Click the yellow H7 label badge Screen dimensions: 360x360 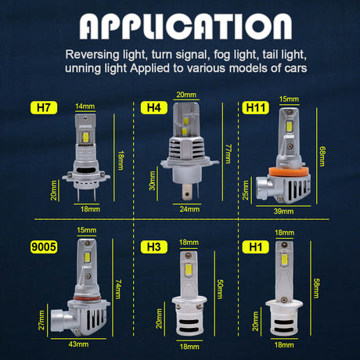(44, 107)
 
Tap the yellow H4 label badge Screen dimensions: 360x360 (154, 107)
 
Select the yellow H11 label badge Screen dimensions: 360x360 (255, 107)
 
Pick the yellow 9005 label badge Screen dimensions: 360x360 (44, 247)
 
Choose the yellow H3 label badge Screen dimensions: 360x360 (154, 247)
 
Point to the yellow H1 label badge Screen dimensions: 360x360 (255, 247)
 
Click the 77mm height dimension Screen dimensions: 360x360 (228, 153)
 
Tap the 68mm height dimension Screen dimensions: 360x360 (322, 157)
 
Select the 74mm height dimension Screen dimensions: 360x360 (118, 289)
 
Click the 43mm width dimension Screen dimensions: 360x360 (78, 344)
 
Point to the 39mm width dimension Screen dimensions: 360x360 (283, 211)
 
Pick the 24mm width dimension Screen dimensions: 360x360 (189, 209)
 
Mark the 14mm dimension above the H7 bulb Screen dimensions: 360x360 (85, 106)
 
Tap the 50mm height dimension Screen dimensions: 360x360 (220, 289)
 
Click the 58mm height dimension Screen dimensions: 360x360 (316, 288)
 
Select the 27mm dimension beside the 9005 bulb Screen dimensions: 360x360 (41, 320)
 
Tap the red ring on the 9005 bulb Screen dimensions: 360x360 (87, 298)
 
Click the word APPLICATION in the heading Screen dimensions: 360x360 (185, 27)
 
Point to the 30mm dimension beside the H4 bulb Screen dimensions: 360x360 (153, 181)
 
